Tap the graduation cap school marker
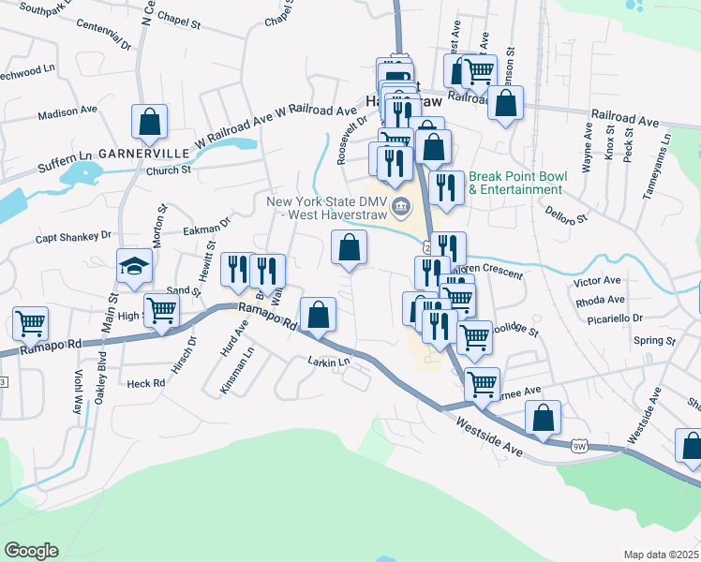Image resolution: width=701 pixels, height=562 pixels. (x=134, y=267)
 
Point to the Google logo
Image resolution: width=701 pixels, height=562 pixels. (x=31, y=551)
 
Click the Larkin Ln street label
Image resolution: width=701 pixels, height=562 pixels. (x=328, y=361)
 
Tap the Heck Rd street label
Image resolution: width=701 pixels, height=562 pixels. (x=145, y=383)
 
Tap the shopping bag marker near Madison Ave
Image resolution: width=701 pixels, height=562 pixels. (x=149, y=122)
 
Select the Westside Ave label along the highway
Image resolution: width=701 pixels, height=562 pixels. (x=489, y=437)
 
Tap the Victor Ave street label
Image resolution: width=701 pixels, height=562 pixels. (x=598, y=281)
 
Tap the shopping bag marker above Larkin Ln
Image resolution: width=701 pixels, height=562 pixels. (x=319, y=316)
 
